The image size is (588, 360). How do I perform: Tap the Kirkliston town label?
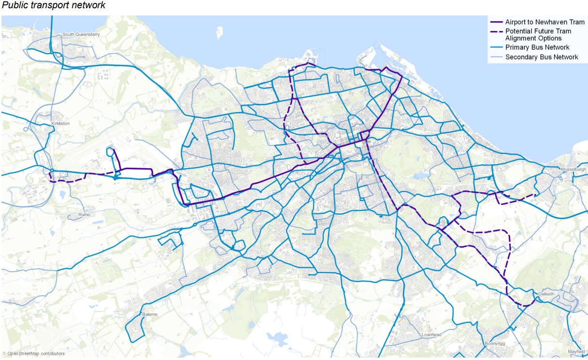[60, 124]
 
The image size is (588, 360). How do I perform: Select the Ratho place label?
[84, 215]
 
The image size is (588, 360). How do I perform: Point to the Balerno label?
[150, 315]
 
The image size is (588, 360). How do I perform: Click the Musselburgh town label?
[574, 170]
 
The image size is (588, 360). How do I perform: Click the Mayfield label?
[576, 351]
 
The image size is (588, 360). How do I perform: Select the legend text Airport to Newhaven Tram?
[545, 22]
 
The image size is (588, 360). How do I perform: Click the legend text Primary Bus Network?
[537, 47]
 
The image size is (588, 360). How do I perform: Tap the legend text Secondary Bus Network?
[542, 57]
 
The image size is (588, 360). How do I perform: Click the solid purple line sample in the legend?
[496, 22]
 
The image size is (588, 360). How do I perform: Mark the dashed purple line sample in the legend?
[496, 31]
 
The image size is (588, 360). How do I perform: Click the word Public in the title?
[14, 5]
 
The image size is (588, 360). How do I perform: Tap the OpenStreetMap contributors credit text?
[33, 354]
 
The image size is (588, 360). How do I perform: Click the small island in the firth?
[220, 33]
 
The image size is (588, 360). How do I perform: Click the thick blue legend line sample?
[496, 47]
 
